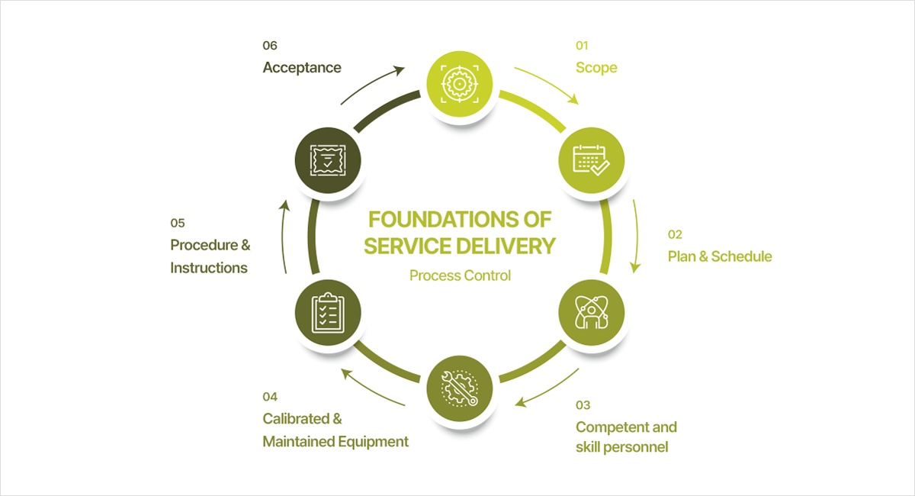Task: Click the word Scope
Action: (596, 68)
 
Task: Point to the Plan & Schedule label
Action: (719, 256)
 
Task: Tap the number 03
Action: (583, 405)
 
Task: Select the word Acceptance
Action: (301, 68)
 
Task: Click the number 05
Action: (178, 224)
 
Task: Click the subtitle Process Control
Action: (460, 275)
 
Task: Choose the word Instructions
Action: (209, 268)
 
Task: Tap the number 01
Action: (583, 46)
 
